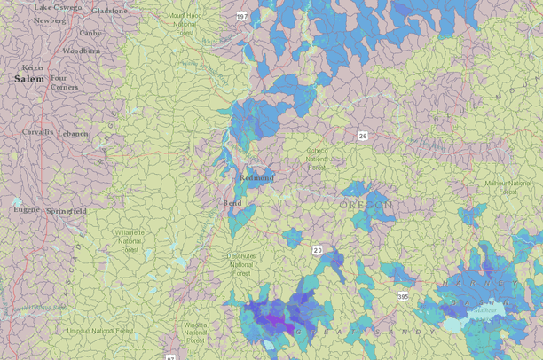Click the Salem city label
point(28,79)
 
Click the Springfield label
point(67,212)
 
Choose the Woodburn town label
point(81,51)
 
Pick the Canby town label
point(90,33)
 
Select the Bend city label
point(231,203)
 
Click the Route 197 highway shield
point(241,17)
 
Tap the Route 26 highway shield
point(362,136)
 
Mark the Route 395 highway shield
point(404,296)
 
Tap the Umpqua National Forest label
point(100,331)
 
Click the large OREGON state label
point(365,205)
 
